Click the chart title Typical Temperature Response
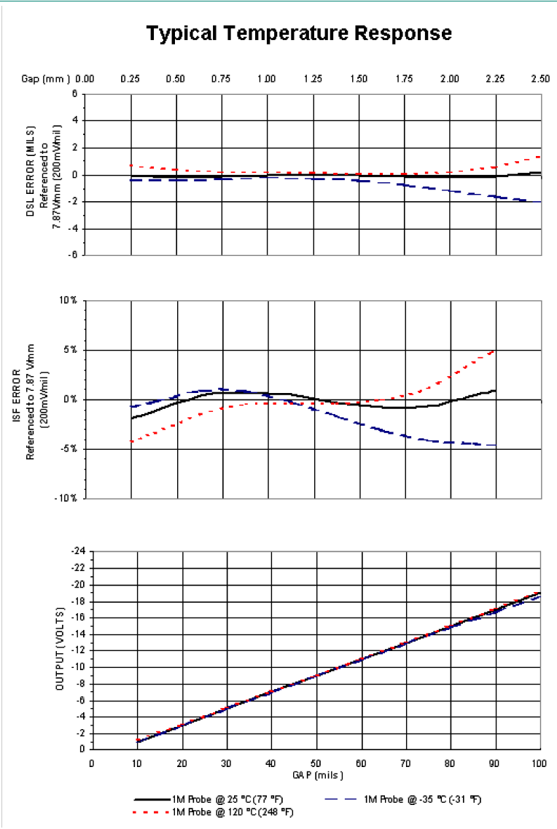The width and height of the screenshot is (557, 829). point(299,34)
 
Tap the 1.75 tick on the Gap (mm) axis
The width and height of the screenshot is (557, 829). point(404,79)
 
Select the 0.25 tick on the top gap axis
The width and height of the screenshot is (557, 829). point(131,79)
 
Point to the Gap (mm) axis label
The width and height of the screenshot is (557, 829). point(45,79)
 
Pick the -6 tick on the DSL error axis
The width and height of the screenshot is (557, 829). point(73,256)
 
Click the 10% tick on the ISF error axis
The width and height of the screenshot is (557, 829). point(69,300)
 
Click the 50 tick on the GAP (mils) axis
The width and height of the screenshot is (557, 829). point(316,762)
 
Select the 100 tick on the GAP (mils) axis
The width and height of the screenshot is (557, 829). point(540,762)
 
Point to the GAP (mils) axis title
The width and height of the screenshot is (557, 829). point(316,773)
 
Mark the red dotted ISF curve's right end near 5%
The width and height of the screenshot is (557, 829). point(495,351)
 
